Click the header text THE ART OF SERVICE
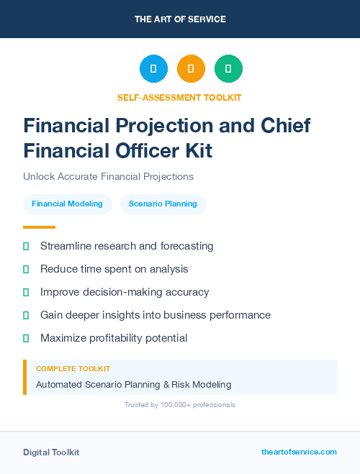click(180, 19)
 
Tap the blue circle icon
click(153, 69)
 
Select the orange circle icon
click(191, 69)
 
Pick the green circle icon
click(228, 69)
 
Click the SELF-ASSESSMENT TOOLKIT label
click(179, 97)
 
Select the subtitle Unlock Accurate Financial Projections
click(108, 176)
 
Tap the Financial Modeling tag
click(67, 204)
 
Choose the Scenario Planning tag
click(163, 204)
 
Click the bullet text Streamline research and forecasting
click(127, 246)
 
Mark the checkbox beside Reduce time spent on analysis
click(26, 269)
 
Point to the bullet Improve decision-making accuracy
click(125, 292)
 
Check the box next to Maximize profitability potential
click(26, 338)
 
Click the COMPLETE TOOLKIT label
click(73, 369)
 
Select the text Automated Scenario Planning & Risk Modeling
click(133, 384)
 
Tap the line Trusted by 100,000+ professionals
click(179, 405)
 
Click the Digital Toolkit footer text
click(51, 452)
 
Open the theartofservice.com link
click(299, 452)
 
